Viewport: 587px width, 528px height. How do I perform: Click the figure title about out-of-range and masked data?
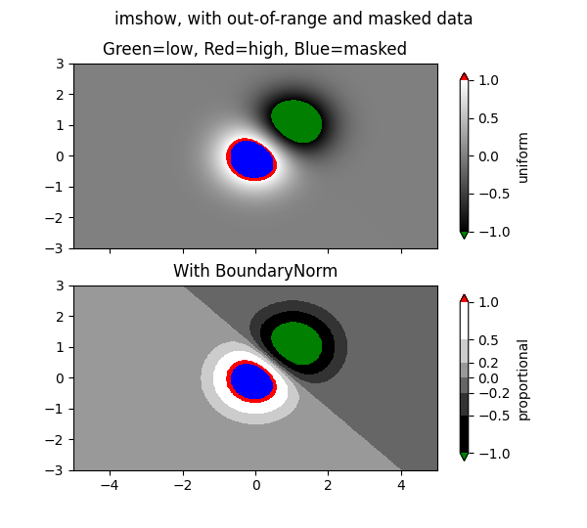coord(293,19)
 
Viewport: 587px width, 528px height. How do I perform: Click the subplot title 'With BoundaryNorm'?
coord(255,271)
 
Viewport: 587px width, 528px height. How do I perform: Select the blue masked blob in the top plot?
coord(251,158)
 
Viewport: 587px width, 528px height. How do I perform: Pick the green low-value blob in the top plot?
coord(296,120)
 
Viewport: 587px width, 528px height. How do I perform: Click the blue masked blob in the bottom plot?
coord(251,380)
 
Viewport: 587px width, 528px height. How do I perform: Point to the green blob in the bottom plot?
coord(296,342)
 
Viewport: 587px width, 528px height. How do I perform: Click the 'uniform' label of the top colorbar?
coord(523,156)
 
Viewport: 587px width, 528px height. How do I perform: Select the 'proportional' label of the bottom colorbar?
coord(523,379)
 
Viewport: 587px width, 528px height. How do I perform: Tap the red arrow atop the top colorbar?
coord(464,76)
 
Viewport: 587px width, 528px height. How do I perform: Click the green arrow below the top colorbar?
coord(464,236)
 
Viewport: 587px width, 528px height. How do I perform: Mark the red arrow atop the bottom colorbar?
coord(464,298)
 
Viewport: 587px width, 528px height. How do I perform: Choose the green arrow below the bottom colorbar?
coord(464,457)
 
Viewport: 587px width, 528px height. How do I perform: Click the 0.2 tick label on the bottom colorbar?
coord(488,363)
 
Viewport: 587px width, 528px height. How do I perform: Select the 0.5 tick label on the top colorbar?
coord(488,118)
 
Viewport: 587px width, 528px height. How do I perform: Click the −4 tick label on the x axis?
coord(110,484)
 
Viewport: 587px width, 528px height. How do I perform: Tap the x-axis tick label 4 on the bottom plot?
coord(401,484)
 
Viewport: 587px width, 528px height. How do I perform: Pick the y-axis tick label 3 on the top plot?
coord(61,64)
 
